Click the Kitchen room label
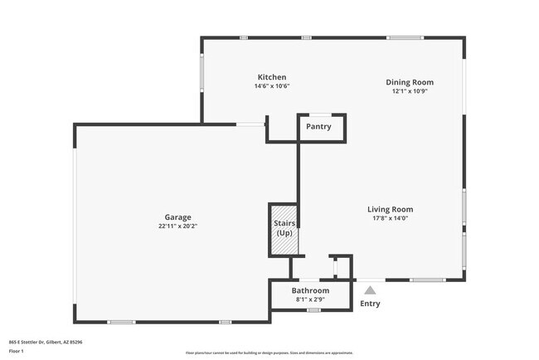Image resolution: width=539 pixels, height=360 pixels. [x=271, y=77]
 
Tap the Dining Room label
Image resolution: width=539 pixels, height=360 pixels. [x=410, y=82]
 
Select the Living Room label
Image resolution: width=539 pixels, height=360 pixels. [x=390, y=210]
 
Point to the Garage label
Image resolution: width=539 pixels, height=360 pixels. [x=177, y=216]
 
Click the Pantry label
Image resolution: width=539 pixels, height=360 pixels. [x=318, y=127]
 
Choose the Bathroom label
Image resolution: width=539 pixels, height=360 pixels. [x=310, y=291]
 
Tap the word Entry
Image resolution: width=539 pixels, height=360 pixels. [x=370, y=304]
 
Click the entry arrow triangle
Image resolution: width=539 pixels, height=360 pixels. [x=370, y=289]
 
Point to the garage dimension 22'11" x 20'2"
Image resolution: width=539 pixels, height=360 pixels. [x=177, y=226]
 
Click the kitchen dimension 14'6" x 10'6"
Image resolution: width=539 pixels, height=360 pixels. [x=271, y=86]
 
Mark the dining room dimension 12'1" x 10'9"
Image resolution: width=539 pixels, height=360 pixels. [x=410, y=91]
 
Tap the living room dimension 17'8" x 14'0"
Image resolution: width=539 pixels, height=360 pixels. [x=390, y=219]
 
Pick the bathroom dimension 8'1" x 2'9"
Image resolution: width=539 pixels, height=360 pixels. [x=310, y=299]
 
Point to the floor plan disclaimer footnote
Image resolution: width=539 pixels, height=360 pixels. [x=269, y=353]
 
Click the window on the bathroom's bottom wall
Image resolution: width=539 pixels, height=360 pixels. [x=313, y=310]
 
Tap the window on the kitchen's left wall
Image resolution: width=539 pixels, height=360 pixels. [x=202, y=79]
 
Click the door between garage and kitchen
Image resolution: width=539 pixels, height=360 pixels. [x=250, y=125]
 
